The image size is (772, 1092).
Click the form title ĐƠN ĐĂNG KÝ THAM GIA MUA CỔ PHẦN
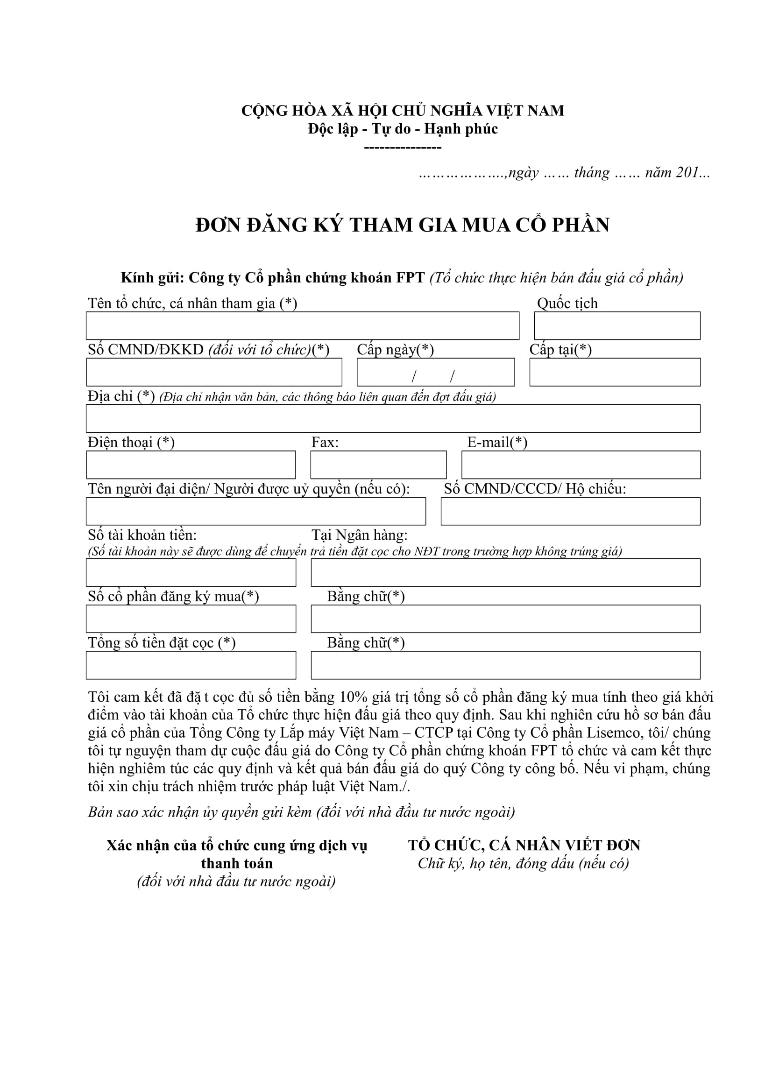click(x=403, y=225)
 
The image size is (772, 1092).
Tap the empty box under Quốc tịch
click(x=617, y=326)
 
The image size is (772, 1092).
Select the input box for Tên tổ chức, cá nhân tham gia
click(x=302, y=326)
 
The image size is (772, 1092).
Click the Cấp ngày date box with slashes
click(x=435, y=373)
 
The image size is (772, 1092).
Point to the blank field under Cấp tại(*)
click(x=615, y=373)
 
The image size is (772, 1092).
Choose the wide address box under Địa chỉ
click(x=393, y=418)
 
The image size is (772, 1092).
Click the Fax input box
click(x=378, y=465)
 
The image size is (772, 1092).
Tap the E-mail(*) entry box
click(x=581, y=465)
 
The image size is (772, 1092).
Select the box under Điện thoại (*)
click(x=191, y=465)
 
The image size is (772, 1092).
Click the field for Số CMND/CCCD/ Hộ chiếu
click(x=570, y=511)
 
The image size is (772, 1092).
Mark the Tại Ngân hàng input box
click(x=505, y=573)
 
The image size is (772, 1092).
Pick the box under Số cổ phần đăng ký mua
click(x=191, y=619)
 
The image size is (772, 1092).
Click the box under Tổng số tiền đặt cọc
click(x=191, y=665)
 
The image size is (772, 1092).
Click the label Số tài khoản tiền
click(x=142, y=535)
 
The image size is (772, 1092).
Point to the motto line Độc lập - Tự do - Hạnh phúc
click(x=403, y=129)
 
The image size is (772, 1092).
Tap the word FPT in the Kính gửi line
click(x=410, y=278)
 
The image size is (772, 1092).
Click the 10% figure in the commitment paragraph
click(x=354, y=697)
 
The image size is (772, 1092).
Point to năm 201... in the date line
click(x=677, y=173)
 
